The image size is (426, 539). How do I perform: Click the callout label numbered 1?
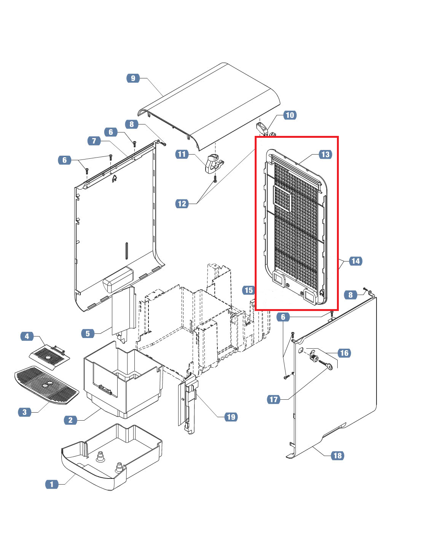coord(52,484)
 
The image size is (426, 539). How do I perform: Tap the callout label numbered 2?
coord(70,420)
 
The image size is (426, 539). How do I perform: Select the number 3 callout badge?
coord(25,412)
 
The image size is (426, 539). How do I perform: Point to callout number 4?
coord(27,336)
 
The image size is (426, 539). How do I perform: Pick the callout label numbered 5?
coord(88,333)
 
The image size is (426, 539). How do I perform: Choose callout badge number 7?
coord(94,141)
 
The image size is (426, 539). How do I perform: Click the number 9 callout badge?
coord(133,78)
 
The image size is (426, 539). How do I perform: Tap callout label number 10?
coord(290,115)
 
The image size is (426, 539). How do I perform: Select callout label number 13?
coord(325,154)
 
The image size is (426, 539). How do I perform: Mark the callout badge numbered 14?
coord(355,261)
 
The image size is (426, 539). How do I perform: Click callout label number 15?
coord(249,290)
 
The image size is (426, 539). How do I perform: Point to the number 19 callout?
coord(231,417)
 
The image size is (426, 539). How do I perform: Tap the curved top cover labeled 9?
coord(213,103)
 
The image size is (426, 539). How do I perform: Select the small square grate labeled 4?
coord(50,355)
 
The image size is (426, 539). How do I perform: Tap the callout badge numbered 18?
coord(338,455)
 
